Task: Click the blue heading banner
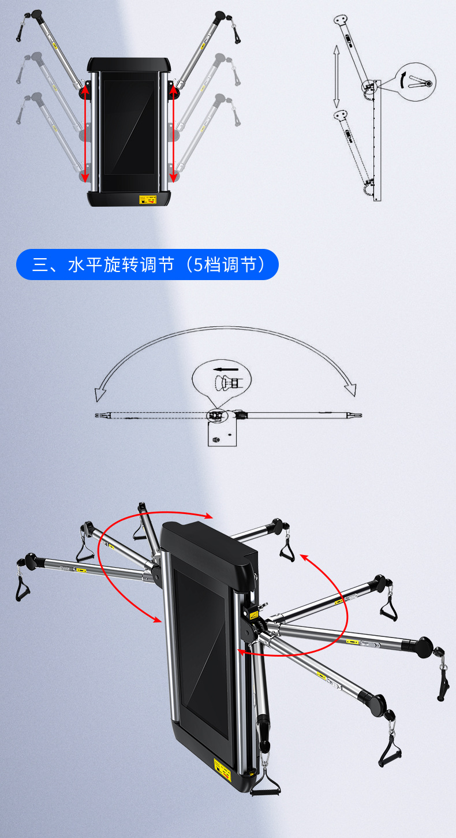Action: pos(147,265)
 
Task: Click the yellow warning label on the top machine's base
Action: pos(148,200)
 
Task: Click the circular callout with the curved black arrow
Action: pos(416,81)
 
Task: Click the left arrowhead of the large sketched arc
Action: pos(100,394)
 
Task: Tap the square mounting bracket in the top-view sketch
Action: pos(222,433)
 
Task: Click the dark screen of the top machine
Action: pos(129,127)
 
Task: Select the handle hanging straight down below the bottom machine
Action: pos(266,785)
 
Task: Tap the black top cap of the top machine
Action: pos(129,64)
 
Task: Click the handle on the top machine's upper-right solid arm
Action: pos(237,33)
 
